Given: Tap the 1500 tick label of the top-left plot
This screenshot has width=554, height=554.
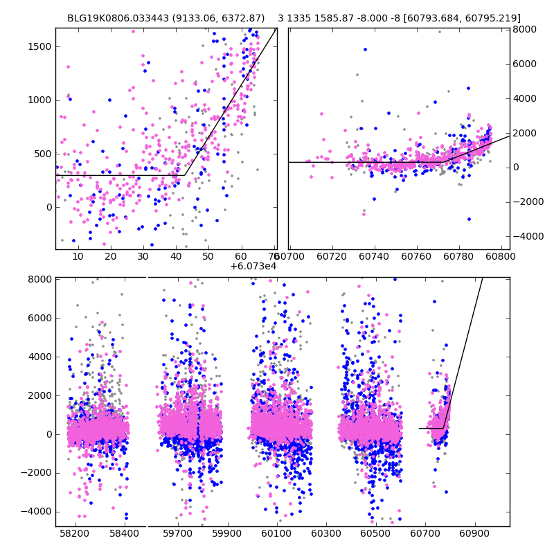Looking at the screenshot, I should click(40, 46).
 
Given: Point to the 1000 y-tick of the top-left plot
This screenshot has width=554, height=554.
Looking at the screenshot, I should click(40, 100).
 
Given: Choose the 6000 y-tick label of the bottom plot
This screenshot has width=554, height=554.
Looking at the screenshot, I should click(40, 318).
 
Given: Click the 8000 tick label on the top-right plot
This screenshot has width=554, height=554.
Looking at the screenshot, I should click(524, 29).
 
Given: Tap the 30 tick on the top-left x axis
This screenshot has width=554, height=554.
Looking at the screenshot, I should click(143, 256).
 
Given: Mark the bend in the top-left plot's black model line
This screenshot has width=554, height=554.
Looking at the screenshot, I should click(185, 175).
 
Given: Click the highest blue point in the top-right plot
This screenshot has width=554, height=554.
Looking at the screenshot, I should click(365, 49).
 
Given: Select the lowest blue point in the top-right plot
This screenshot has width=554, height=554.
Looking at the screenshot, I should click(469, 219).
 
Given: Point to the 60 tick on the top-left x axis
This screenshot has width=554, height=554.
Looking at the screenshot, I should click(241, 256).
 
